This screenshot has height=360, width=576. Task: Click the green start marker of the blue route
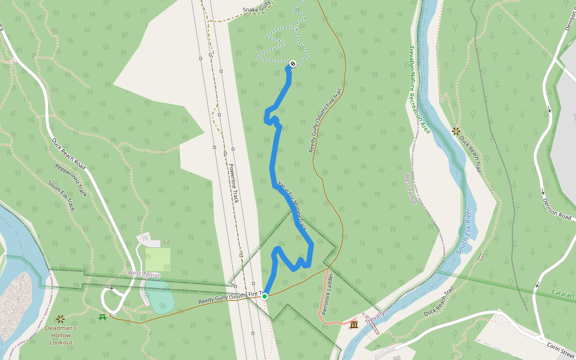[x=265, y=295]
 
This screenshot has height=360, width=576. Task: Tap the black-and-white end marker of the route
[x=293, y=64]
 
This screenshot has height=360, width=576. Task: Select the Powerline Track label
[x=233, y=183]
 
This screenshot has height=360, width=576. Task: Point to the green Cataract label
[x=563, y=295]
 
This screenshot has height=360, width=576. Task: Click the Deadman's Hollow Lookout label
[x=60, y=335]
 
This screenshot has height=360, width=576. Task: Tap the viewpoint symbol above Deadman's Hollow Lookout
[x=60, y=319]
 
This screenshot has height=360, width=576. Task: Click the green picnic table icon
[x=103, y=316]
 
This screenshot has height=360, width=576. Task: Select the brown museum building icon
[x=353, y=325]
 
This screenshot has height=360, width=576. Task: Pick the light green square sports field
[x=157, y=259]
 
